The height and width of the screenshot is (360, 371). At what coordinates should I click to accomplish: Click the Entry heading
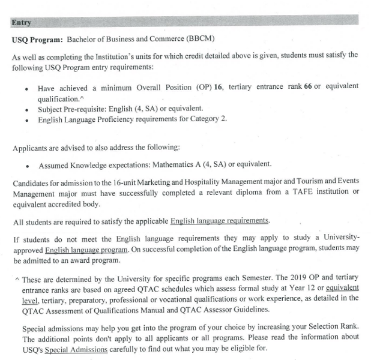pyautogui.click(x=21, y=23)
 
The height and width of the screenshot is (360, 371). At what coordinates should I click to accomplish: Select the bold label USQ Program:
pyautogui.click(x=37, y=40)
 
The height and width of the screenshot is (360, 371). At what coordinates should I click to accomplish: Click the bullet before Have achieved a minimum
pyautogui.click(x=26, y=88)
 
